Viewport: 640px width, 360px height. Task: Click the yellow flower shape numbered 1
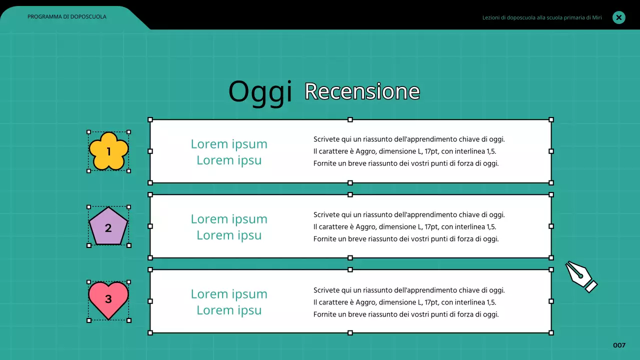click(x=108, y=151)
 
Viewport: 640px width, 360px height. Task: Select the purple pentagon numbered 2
click(x=108, y=228)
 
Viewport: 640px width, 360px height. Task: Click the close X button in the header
click(x=619, y=17)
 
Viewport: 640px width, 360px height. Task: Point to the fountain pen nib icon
click(x=581, y=276)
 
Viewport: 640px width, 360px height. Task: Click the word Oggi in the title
click(x=260, y=92)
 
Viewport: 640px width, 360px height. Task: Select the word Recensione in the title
click(x=362, y=91)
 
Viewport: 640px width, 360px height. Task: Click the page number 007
click(x=619, y=345)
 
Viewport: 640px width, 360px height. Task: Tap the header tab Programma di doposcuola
click(x=67, y=16)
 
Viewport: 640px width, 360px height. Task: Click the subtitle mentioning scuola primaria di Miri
click(x=542, y=17)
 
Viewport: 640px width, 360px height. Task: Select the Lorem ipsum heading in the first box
click(x=229, y=152)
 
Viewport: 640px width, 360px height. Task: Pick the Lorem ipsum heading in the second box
click(x=229, y=227)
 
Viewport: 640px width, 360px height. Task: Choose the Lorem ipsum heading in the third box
click(x=229, y=302)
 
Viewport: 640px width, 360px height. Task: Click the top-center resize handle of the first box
click(x=350, y=119)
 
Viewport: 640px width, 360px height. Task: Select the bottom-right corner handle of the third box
click(x=551, y=332)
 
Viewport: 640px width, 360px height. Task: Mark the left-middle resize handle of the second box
click(x=150, y=226)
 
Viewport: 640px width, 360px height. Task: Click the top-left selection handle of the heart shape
click(x=89, y=282)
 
